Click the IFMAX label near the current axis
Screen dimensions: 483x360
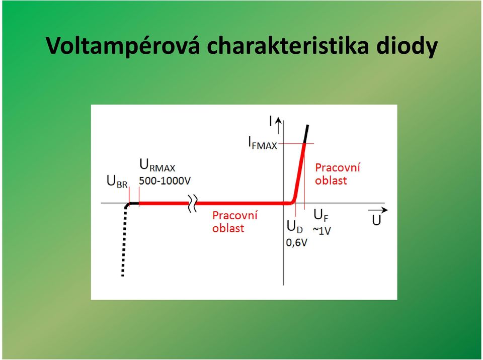[263, 143]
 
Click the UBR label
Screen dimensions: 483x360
[117, 181]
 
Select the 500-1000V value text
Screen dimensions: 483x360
[165, 181]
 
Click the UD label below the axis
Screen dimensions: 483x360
[295, 227]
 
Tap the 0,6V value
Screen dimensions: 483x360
[297, 243]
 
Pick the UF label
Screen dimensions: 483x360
[321, 215]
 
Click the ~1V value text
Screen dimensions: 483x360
[322, 231]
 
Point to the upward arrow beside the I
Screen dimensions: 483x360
[278, 125]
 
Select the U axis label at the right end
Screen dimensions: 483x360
[376, 221]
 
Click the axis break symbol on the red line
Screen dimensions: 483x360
[193, 203]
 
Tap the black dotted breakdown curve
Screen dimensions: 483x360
[124, 240]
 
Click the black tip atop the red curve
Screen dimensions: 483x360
[306, 134]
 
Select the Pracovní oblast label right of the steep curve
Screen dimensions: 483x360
[338, 174]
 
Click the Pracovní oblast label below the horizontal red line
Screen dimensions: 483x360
[235, 222]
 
